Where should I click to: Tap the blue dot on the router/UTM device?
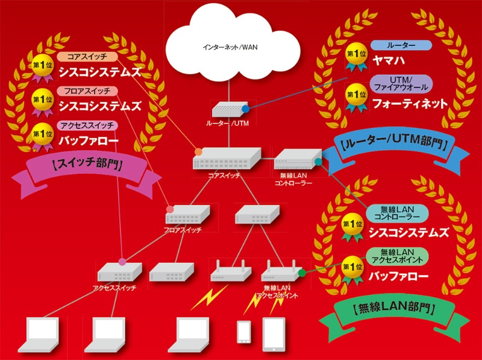point(245,109)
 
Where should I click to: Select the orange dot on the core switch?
point(198,151)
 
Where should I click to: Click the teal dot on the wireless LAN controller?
point(318,162)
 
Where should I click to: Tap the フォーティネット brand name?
point(410,104)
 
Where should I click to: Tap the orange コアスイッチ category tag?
point(86,57)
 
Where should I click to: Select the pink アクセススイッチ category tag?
point(88,125)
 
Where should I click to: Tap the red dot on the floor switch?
point(170,209)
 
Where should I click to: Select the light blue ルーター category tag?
point(401,45)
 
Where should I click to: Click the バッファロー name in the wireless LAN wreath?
point(400,277)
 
